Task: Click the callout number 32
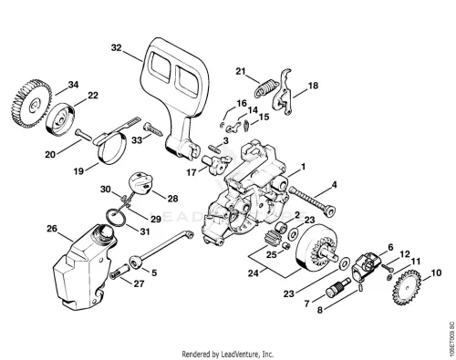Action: pyautogui.click(x=116, y=48)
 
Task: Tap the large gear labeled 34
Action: pyautogui.click(x=31, y=103)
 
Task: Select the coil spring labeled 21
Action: pyautogui.click(x=266, y=87)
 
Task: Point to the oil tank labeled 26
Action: pyautogui.click(x=85, y=267)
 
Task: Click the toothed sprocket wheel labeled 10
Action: pyautogui.click(x=408, y=288)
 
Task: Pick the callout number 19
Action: pyautogui.click(x=78, y=171)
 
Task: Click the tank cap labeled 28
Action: pyautogui.click(x=140, y=182)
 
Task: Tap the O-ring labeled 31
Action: pyautogui.click(x=115, y=217)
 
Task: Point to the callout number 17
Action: pyautogui.click(x=192, y=173)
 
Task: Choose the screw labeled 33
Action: pyautogui.click(x=153, y=129)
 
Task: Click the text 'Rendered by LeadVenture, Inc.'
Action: pyautogui.click(x=228, y=354)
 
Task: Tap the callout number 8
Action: pyautogui.click(x=320, y=310)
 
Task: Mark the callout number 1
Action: pyautogui.click(x=303, y=167)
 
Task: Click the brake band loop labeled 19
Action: pyautogui.click(x=112, y=149)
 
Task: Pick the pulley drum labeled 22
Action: pyautogui.click(x=60, y=118)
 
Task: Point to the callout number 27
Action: pyautogui.click(x=139, y=283)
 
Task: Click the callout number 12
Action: pyautogui.click(x=405, y=254)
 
